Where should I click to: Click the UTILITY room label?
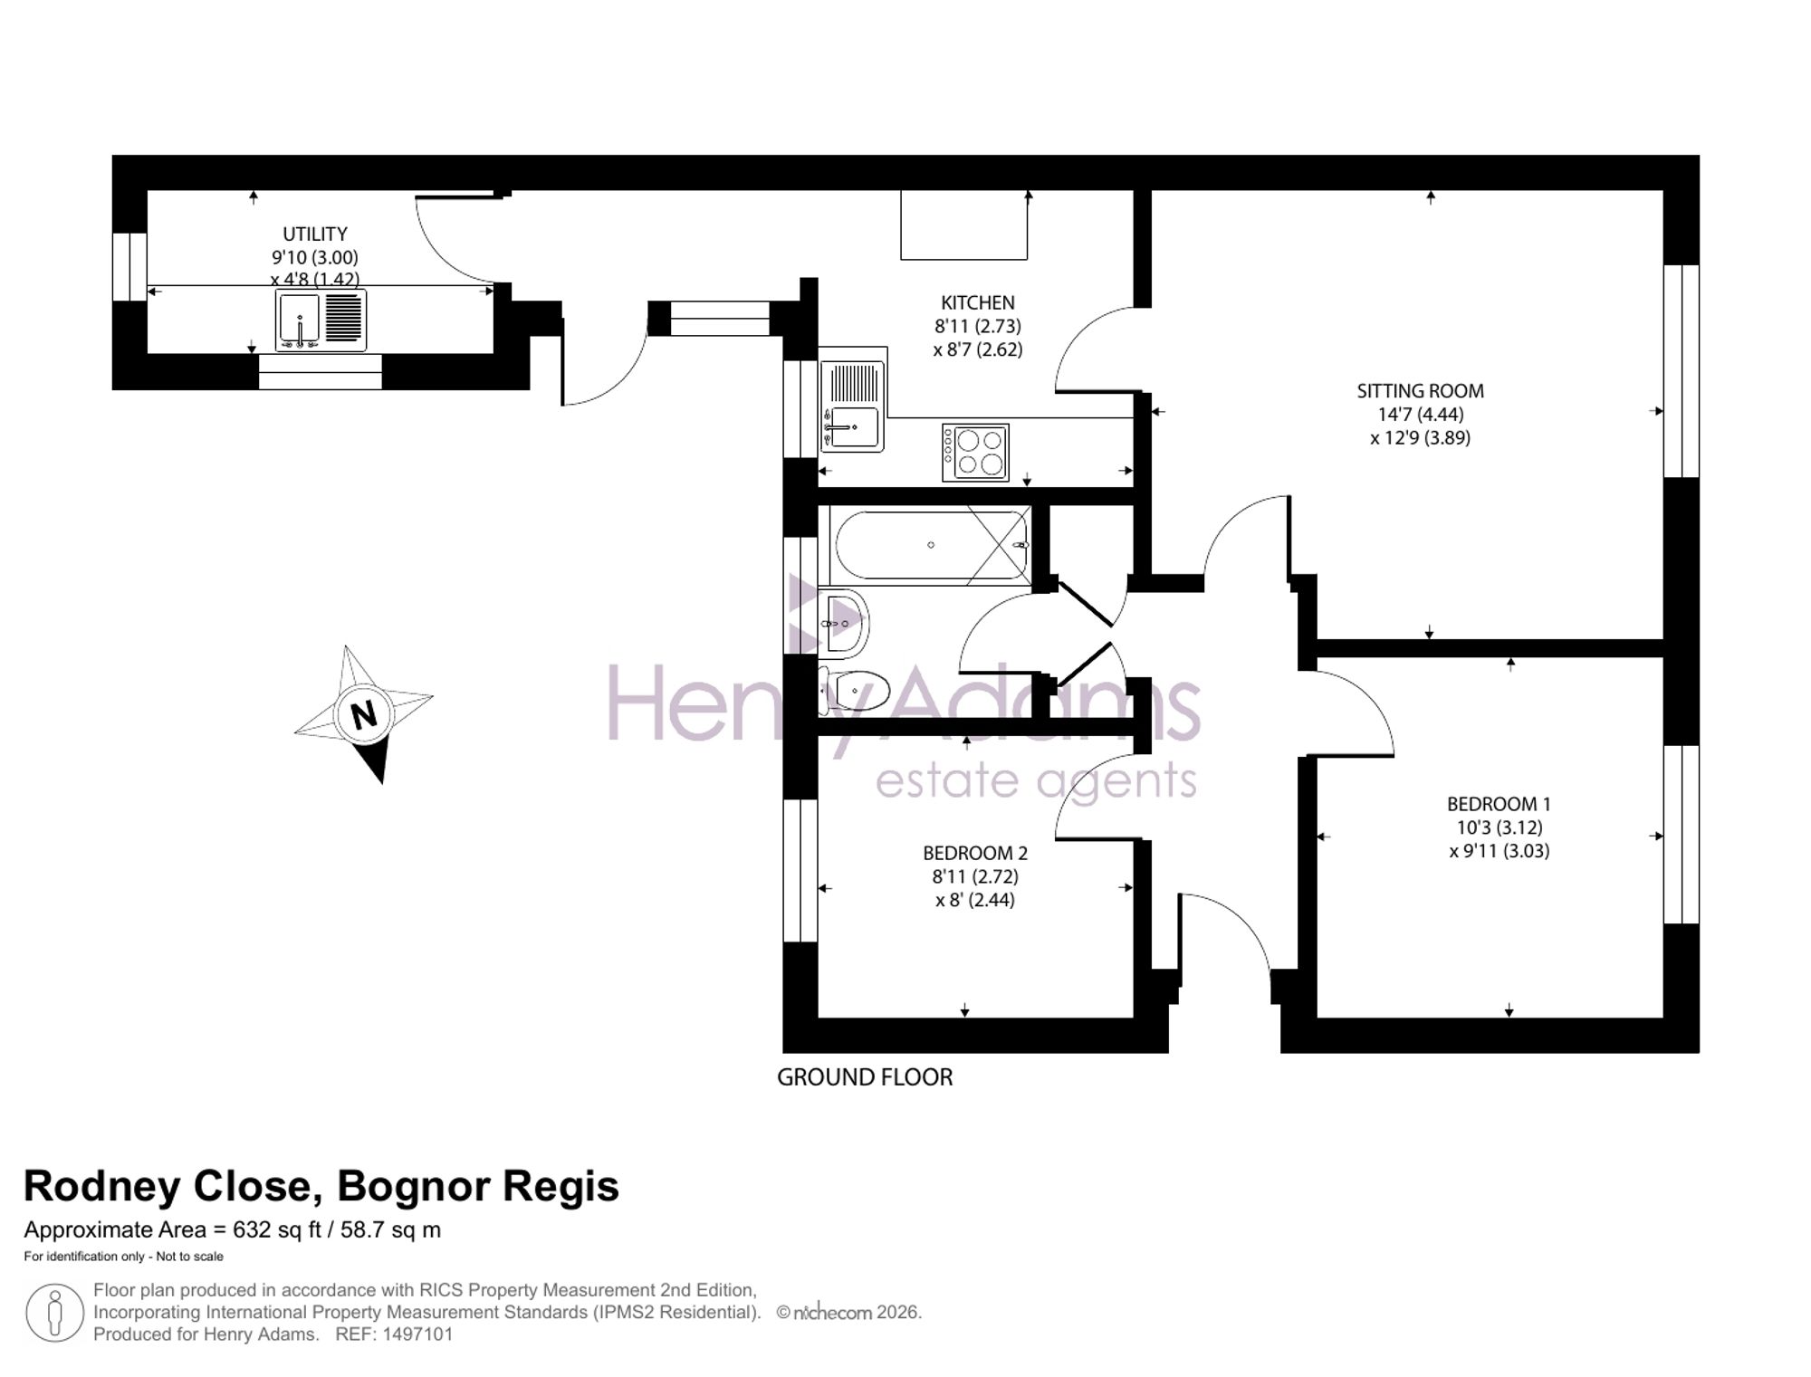(315, 234)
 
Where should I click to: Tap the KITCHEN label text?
(978, 303)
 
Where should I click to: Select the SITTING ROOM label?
(1420, 391)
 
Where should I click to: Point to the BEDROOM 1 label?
(1499, 804)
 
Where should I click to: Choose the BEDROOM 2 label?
(975, 853)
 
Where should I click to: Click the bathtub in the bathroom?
(930, 545)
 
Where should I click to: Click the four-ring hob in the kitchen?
(975, 453)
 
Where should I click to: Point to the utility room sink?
(321, 320)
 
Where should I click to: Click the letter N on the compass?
(363, 715)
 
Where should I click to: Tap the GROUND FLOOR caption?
(865, 1077)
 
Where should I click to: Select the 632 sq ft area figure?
(277, 1230)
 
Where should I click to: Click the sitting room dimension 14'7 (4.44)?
(1421, 415)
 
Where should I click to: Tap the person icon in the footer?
(55, 1313)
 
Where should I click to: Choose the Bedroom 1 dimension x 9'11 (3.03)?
(1500, 851)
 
